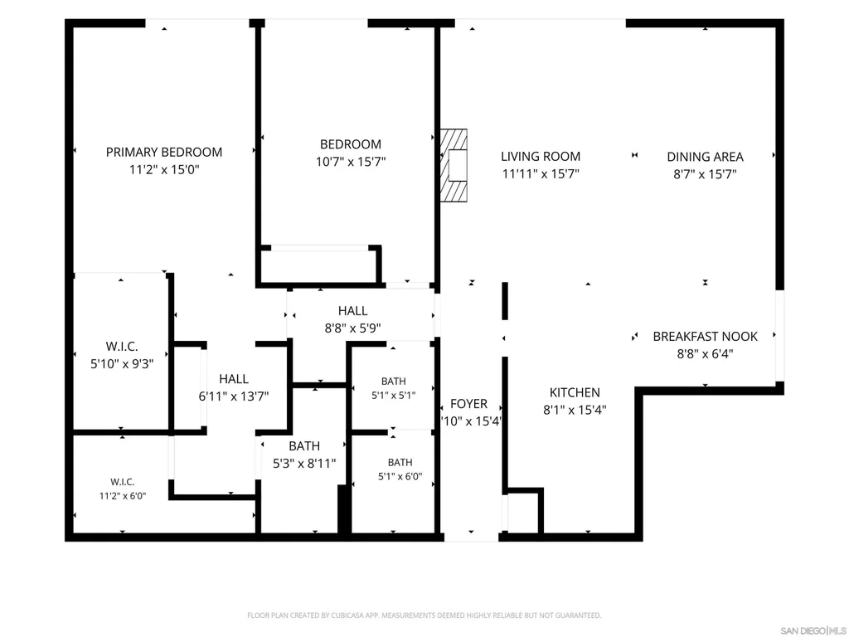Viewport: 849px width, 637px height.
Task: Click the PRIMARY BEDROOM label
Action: tap(164, 153)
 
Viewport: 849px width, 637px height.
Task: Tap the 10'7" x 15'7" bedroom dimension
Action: tap(351, 162)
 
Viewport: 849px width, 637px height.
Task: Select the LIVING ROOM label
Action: tap(541, 157)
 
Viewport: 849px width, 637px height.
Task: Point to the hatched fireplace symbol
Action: tap(454, 165)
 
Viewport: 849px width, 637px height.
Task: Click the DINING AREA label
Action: tap(705, 157)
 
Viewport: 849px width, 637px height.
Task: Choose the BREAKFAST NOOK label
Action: tap(705, 337)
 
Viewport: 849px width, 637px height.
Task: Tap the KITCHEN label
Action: tap(575, 392)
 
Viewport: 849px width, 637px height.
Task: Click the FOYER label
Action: tap(469, 404)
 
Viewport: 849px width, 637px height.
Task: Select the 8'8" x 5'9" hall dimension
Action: tap(352, 328)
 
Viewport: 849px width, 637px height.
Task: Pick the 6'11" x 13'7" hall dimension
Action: tap(233, 396)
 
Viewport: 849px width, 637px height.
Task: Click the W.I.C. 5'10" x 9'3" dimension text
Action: tap(122, 364)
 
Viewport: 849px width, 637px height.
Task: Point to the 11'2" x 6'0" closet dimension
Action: tap(123, 496)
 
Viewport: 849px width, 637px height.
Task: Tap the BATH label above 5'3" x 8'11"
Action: tap(304, 446)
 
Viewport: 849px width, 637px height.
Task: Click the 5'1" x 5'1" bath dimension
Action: tap(394, 396)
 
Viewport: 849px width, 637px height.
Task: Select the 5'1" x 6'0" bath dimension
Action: tap(400, 477)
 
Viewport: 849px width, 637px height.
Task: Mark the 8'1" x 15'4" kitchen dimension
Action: tap(575, 410)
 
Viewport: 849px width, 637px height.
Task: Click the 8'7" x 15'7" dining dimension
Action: tap(705, 174)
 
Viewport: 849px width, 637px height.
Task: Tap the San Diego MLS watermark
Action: tap(813, 630)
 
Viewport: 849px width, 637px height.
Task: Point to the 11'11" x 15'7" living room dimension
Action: tap(541, 174)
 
